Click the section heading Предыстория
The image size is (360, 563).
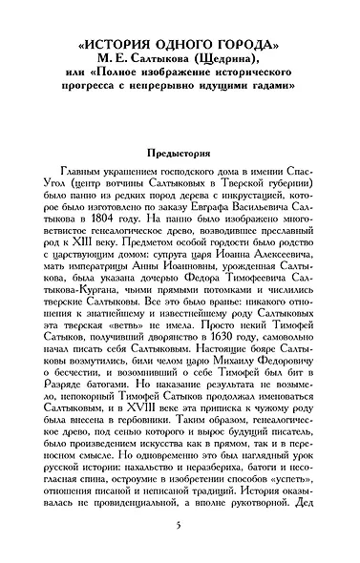(180, 152)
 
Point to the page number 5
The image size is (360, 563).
(180, 527)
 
